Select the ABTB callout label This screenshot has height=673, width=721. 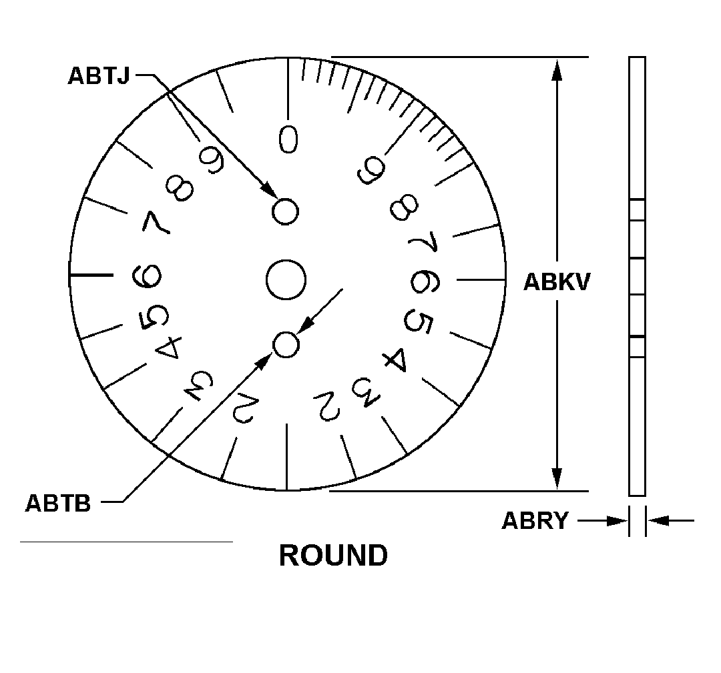click(x=58, y=502)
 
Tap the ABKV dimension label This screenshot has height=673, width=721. click(x=556, y=282)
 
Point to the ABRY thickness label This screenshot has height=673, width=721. click(x=535, y=521)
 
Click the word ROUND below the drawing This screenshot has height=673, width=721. click(x=332, y=556)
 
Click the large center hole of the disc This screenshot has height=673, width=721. click(x=286, y=279)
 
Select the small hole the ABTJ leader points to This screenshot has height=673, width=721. click(x=286, y=211)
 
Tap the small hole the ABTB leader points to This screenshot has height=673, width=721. click(x=286, y=344)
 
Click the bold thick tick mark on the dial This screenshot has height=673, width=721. click(x=91, y=275)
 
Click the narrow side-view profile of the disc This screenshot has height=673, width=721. click(x=637, y=276)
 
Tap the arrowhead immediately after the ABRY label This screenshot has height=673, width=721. click(x=618, y=520)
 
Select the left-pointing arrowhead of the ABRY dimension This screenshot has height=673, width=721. click(x=658, y=520)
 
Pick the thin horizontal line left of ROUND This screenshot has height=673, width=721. click(x=126, y=542)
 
